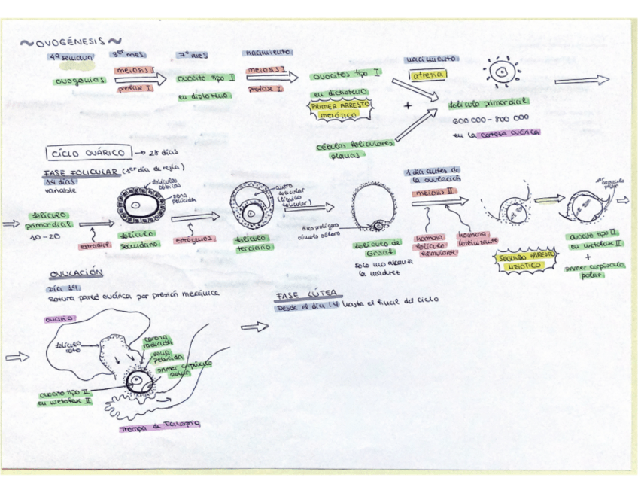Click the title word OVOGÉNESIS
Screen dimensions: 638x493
point(71,42)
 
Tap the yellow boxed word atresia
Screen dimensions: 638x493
point(427,75)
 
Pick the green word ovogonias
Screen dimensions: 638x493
point(78,81)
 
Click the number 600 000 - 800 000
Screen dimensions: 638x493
point(491,120)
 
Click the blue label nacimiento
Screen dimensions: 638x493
point(268,53)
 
